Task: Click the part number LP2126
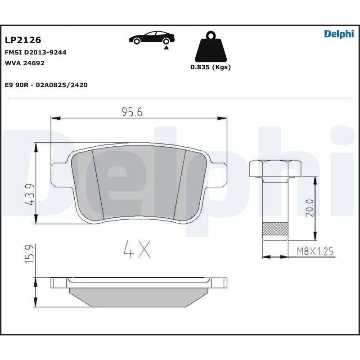22,40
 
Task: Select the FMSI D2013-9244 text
35,52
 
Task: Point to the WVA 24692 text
24,63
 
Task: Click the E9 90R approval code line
46,85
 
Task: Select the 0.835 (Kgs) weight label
210,67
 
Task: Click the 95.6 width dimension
132,112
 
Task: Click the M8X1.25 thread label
315,252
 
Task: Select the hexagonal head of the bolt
275,168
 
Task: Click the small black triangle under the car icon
166,47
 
